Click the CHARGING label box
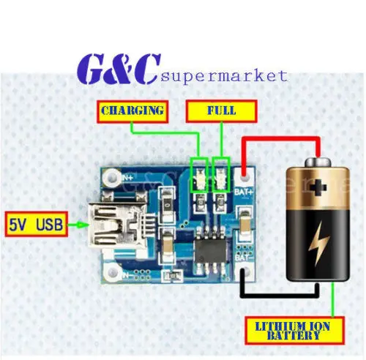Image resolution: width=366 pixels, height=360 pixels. coord(131,111)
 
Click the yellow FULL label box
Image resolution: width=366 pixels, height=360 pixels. coord(221,111)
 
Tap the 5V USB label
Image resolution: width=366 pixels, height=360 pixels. coord(35,222)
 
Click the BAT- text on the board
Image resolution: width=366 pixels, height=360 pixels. coord(244,257)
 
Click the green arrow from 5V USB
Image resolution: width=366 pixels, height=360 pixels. coord(76,223)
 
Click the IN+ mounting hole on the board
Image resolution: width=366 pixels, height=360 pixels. coord(111,176)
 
